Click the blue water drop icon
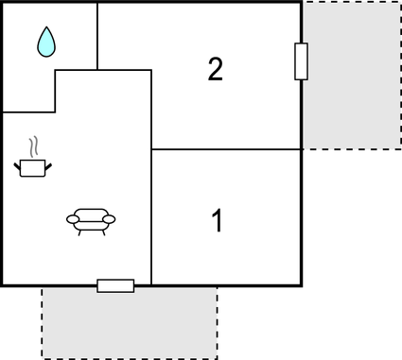pos(46,42)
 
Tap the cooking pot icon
pos(33,167)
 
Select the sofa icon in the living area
pos(91,221)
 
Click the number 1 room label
pos(217,222)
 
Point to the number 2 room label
pos(216,69)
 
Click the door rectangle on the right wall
pos(302,61)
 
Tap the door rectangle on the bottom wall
pos(115,285)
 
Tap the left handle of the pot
pos(18,166)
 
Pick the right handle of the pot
pos(48,166)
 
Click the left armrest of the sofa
pos(72,219)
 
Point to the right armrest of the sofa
pos(110,219)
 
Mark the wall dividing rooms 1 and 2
pos(227,149)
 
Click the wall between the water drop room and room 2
pos(97,35)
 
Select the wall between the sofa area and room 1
pos(152,217)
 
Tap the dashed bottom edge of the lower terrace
pos(130,358)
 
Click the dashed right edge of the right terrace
pos(399,75)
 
